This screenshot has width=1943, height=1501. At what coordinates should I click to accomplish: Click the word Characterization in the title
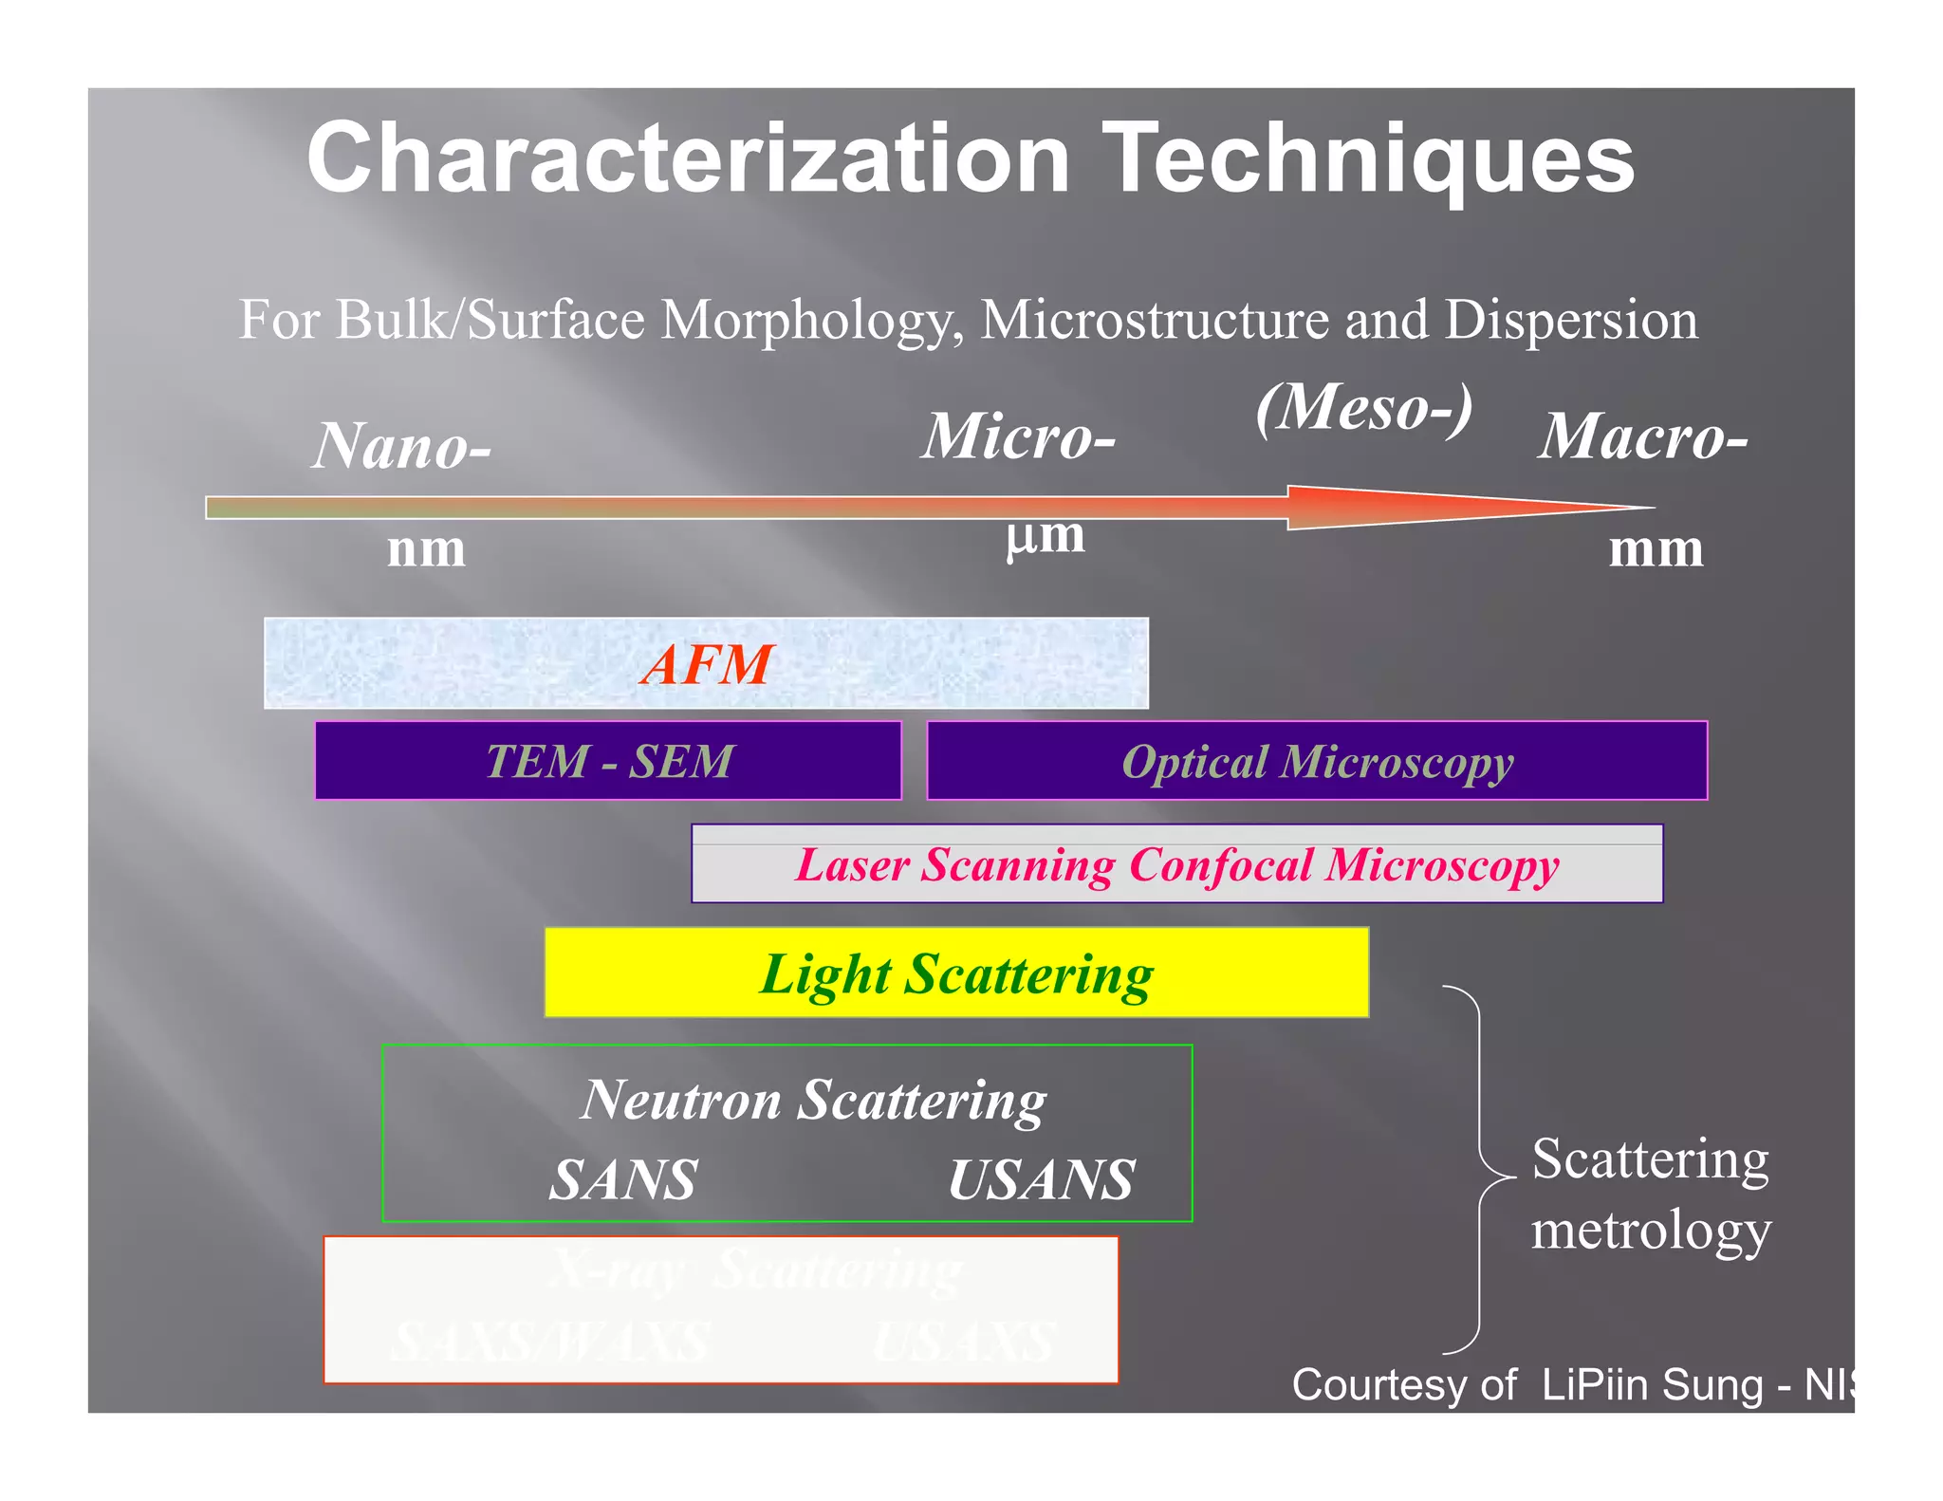click(x=688, y=158)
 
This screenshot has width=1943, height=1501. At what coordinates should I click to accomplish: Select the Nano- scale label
click(x=402, y=446)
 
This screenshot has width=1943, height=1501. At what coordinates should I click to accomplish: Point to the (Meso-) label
click(x=1364, y=408)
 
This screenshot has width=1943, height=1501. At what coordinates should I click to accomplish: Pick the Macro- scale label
click(x=1642, y=436)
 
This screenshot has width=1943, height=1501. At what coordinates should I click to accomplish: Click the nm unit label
click(x=426, y=549)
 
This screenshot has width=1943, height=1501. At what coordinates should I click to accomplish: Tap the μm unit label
click(x=1046, y=537)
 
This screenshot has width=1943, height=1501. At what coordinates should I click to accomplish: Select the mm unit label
click(x=1656, y=549)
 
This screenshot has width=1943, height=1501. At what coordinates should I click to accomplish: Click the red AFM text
click(x=707, y=663)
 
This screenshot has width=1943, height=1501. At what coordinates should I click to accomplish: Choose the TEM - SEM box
click(x=608, y=761)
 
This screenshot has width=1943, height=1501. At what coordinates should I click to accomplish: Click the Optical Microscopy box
click(x=1317, y=761)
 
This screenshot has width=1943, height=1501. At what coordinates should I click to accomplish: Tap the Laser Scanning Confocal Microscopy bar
click(x=1176, y=864)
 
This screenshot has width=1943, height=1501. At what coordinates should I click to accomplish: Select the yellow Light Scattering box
click(x=956, y=973)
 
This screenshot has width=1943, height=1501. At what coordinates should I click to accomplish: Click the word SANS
click(x=623, y=1180)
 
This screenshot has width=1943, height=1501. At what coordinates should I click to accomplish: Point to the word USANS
click(x=1041, y=1180)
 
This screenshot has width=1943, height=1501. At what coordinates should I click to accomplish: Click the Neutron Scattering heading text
click(x=813, y=1101)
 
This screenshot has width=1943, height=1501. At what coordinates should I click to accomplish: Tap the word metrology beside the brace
click(x=1651, y=1230)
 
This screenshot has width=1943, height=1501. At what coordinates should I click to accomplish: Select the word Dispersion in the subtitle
click(x=1571, y=320)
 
